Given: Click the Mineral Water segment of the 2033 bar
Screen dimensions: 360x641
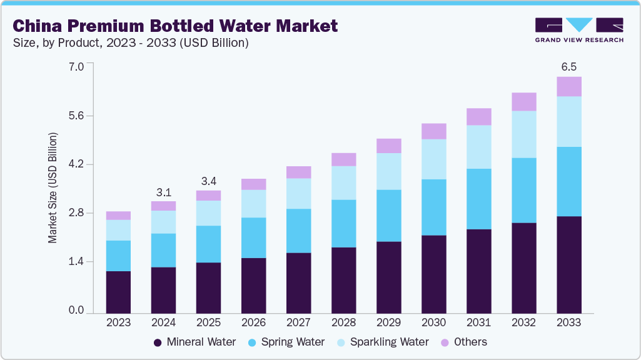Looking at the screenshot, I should coord(568,264).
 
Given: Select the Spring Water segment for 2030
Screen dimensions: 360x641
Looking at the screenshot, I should coord(433,207).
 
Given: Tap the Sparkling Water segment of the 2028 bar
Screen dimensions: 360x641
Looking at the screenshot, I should coord(343,182).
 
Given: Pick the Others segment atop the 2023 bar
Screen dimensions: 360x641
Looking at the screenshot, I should coord(118,216).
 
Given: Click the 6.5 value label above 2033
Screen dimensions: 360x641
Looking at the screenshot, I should coord(568,66).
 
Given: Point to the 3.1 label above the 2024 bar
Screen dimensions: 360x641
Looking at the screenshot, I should coord(163,192).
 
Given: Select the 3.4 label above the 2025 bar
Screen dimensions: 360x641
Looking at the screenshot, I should coord(208,181).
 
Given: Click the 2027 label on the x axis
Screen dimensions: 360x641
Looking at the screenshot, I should coord(298,323).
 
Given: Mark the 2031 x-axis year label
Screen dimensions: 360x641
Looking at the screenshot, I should coord(478,323).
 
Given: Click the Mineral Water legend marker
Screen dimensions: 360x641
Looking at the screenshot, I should coord(158,342).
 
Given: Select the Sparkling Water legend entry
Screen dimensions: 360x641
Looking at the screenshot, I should coord(383,342).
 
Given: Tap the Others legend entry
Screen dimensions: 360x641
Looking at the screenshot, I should coord(463,342).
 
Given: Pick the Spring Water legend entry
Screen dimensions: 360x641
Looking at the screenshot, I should coord(285,342).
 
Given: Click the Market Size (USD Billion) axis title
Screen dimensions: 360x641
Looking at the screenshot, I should coord(53,188).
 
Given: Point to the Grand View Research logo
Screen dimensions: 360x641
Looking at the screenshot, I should coord(578,29).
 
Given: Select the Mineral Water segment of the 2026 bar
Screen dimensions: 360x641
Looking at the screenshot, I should coord(253,285).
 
